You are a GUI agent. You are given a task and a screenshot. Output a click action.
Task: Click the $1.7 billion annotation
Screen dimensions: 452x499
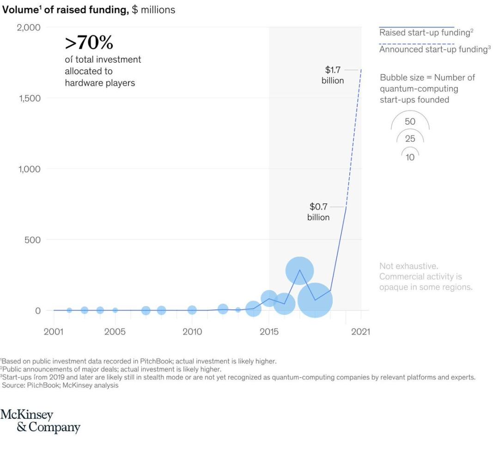(333, 75)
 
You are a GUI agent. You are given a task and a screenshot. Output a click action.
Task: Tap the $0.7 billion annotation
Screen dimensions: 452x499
(319, 212)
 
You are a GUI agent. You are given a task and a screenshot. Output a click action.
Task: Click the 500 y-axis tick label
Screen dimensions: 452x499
(32, 240)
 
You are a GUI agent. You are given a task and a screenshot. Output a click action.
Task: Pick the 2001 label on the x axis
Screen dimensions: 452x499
(54, 332)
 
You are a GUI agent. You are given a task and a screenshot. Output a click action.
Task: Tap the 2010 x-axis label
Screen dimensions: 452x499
(192, 332)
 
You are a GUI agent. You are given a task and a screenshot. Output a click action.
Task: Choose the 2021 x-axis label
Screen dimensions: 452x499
(361, 332)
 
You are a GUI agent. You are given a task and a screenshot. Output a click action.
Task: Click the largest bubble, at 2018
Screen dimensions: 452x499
(315, 300)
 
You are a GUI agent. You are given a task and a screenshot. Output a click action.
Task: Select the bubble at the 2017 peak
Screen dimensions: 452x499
(299, 271)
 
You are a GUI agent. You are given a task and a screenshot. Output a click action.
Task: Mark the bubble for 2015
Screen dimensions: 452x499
(269, 299)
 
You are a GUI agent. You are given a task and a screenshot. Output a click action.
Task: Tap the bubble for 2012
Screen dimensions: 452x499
(223, 309)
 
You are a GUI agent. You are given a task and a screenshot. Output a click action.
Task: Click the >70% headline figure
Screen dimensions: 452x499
(89, 43)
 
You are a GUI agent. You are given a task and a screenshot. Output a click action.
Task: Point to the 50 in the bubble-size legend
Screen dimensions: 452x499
(410, 122)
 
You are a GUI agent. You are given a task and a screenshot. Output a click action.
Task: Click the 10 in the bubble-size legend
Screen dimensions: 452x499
(410, 157)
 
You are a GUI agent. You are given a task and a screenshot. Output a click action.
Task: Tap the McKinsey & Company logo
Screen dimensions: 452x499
(40, 421)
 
